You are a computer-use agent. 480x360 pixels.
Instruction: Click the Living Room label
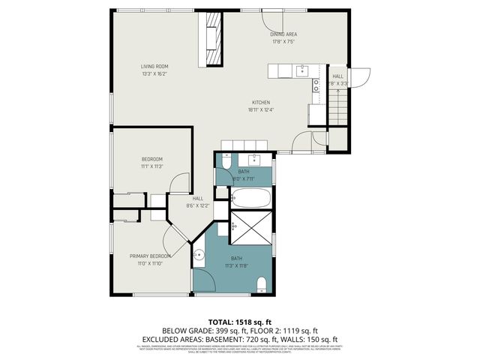click(154, 66)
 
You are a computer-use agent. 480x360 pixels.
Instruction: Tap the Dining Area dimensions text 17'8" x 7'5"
click(283, 42)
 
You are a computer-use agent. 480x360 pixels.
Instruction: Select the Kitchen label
click(260, 103)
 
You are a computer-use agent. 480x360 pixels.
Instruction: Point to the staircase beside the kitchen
click(338, 106)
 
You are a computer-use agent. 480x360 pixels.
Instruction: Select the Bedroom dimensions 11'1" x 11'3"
click(152, 166)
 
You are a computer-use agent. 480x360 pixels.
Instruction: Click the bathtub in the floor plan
click(250, 199)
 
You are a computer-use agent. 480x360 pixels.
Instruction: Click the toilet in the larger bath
click(262, 283)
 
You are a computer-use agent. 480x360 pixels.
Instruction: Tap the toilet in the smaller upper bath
click(224, 161)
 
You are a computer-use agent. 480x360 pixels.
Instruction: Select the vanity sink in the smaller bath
click(256, 159)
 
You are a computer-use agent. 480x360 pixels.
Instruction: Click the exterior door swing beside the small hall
click(360, 77)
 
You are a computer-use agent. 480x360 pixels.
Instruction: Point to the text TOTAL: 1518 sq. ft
click(239, 321)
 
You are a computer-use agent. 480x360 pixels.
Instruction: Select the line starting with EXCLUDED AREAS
click(239, 338)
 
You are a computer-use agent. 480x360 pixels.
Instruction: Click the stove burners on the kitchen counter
click(316, 88)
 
